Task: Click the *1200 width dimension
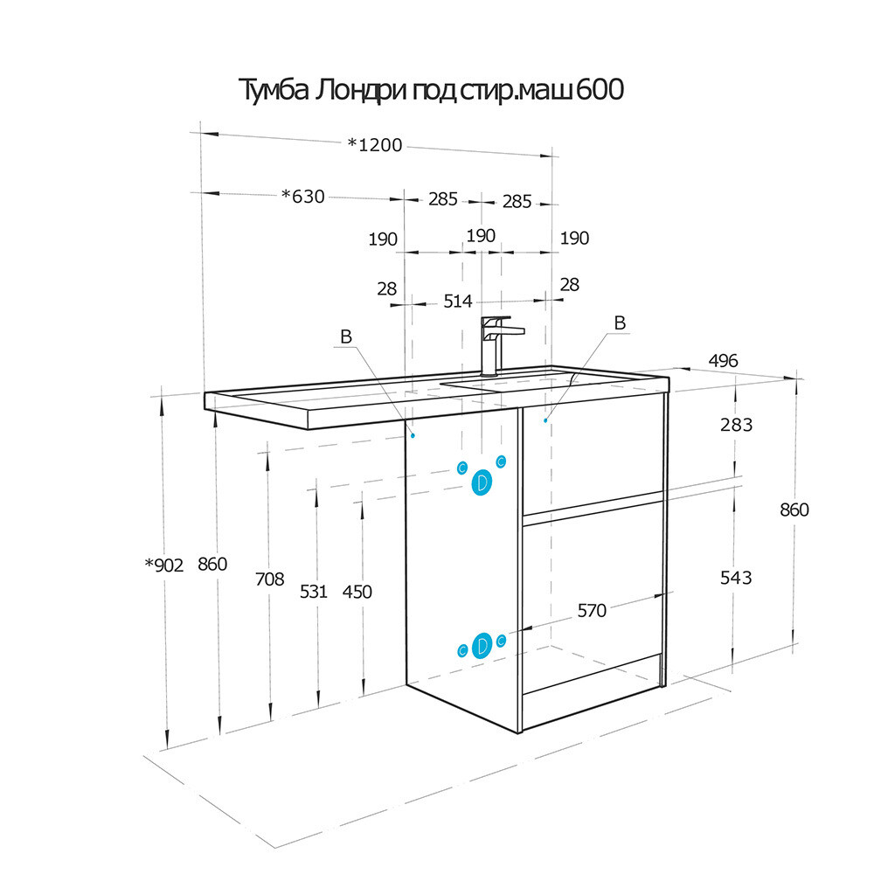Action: click(x=375, y=145)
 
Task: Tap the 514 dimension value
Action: click(x=458, y=302)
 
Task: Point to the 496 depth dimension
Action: click(x=723, y=361)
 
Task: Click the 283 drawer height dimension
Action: click(x=736, y=425)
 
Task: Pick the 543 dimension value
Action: click(x=736, y=578)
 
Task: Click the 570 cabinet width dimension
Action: click(x=592, y=611)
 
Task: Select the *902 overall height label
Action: click(x=164, y=565)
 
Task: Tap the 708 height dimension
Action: click(x=270, y=579)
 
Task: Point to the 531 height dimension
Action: click(x=313, y=592)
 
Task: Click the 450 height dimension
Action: click(x=357, y=592)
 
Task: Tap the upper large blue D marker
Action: click(x=482, y=482)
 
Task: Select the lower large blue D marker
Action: click(x=482, y=646)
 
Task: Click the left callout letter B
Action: click(x=345, y=336)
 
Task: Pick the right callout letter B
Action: click(x=620, y=323)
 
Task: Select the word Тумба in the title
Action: click(x=273, y=90)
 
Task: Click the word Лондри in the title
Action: click(x=360, y=91)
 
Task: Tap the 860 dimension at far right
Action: click(x=794, y=510)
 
